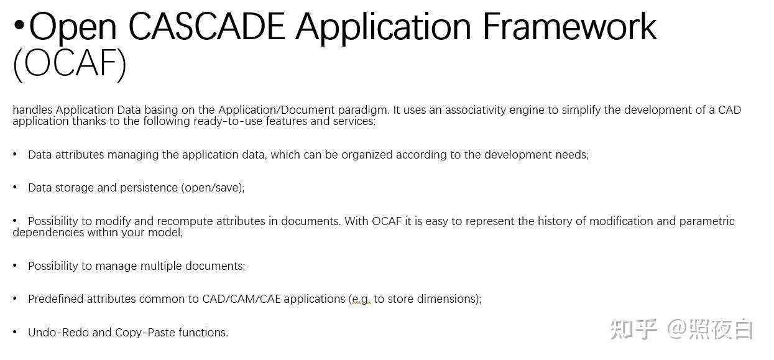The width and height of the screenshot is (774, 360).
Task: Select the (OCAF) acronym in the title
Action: coord(70,63)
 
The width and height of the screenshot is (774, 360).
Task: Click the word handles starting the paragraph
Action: coord(32,110)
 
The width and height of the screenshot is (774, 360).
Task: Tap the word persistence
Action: coord(150,188)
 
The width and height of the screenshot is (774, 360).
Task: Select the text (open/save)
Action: coord(213,188)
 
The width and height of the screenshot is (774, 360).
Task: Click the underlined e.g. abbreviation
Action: coord(360,300)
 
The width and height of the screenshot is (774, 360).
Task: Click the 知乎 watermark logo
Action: coord(633,329)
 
